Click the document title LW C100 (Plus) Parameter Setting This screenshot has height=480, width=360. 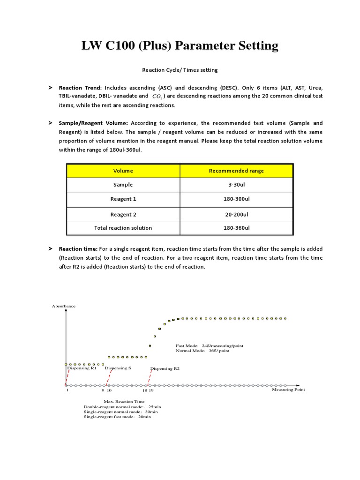[x=180, y=45]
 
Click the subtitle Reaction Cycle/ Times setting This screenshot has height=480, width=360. [x=180, y=70]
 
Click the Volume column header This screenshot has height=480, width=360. [x=123, y=171]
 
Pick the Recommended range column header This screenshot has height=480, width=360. [x=236, y=171]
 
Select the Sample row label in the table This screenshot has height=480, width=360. [x=123, y=185]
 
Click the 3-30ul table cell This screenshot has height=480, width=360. [x=236, y=185]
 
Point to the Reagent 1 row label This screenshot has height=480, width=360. [x=123, y=199]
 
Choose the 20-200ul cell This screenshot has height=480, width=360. [x=236, y=214]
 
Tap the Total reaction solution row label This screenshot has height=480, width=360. [x=123, y=228]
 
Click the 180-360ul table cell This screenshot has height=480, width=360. [x=236, y=228]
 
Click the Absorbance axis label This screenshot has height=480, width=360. [x=63, y=306]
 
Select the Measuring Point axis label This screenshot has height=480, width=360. [x=288, y=390]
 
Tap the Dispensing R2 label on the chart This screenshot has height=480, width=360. [x=165, y=369]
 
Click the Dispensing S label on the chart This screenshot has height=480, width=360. [x=118, y=368]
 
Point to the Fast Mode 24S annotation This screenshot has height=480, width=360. [x=210, y=345]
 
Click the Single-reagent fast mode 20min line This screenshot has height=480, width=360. [x=117, y=417]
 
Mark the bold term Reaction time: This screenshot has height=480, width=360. [x=78, y=249]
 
